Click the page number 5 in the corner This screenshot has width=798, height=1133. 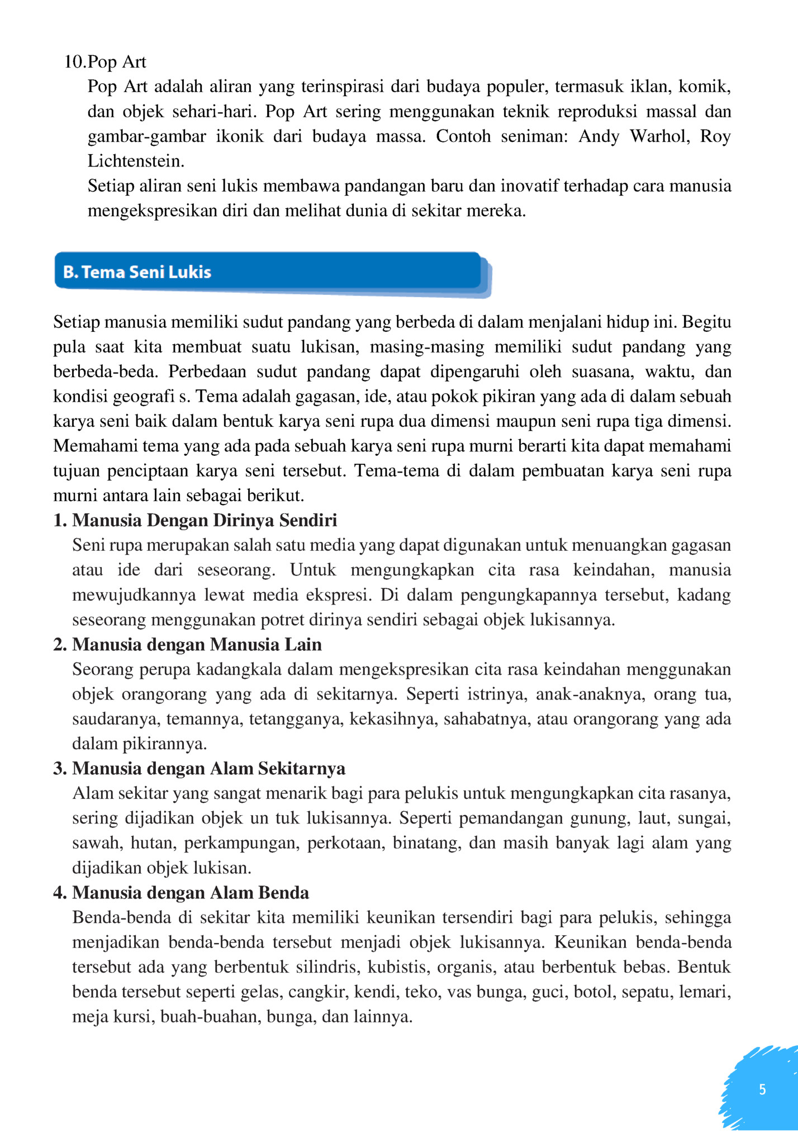click(762, 1089)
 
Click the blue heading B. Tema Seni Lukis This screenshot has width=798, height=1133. click(137, 272)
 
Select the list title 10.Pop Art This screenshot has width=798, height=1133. click(105, 61)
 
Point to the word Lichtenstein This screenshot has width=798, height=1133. click(136, 161)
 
